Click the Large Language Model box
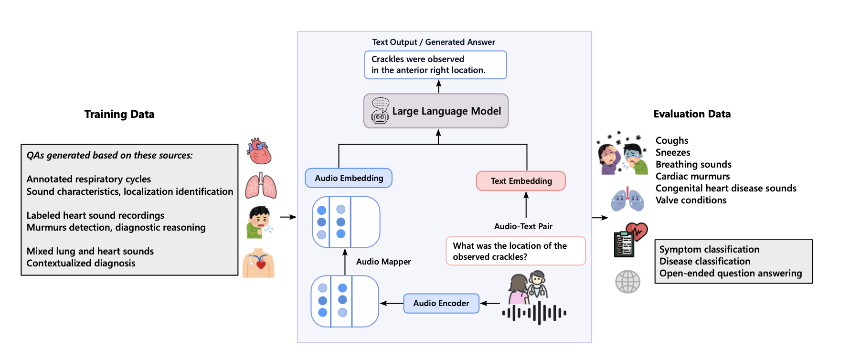click(x=436, y=111)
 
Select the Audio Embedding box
click(x=349, y=178)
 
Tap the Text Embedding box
click(x=521, y=181)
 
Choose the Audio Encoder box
click(x=441, y=303)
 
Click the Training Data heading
click(x=119, y=114)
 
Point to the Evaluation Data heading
click(x=692, y=114)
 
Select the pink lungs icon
click(x=261, y=186)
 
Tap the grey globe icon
click(x=627, y=281)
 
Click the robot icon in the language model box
click(x=380, y=111)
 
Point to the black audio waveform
click(x=534, y=313)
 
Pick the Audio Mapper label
click(x=383, y=262)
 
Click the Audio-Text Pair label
click(x=523, y=226)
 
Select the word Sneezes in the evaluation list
click(x=673, y=152)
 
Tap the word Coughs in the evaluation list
click(x=672, y=140)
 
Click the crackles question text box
click(x=516, y=251)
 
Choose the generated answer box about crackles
click(x=436, y=65)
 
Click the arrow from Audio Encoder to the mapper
click(x=392, y=303)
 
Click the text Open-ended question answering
click(x=731, y=273)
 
